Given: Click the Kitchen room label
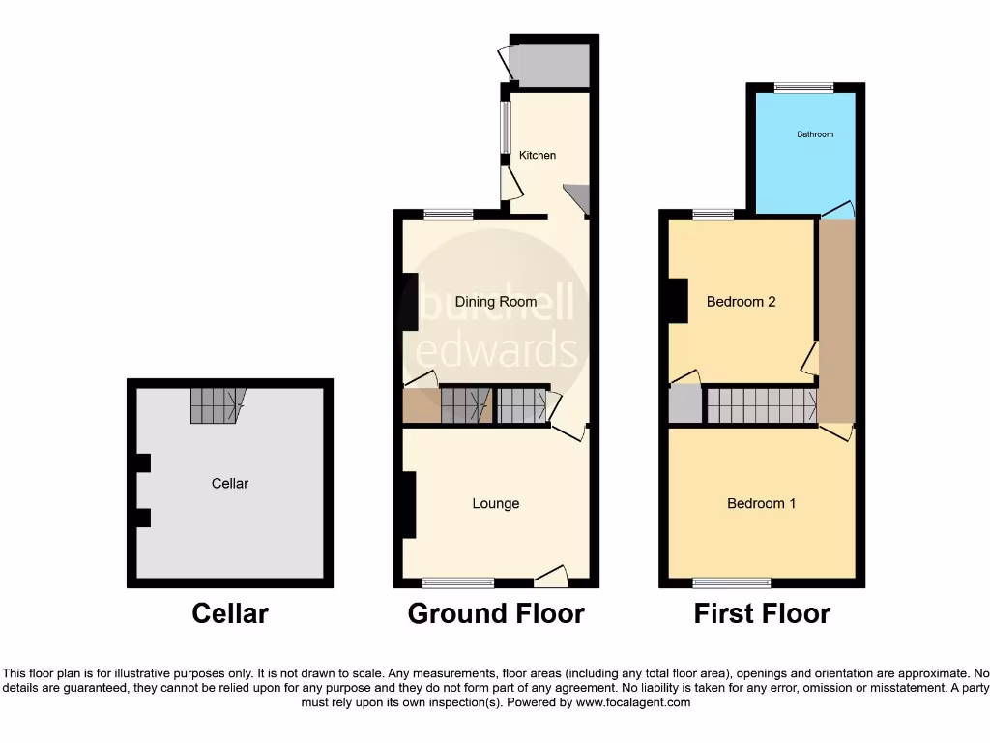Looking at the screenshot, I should pos(538,155).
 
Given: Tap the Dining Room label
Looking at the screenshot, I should pos(496,302).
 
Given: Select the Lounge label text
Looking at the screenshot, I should pos(496,503).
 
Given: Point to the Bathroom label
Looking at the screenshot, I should pos(815,134).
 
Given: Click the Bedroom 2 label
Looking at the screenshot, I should pos(742,302).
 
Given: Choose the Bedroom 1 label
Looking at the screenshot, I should pos(762,503).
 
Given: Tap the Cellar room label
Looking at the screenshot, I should pos(230,483).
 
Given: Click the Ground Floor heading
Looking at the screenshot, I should pos(496,613).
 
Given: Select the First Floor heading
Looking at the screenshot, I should pos(762,613).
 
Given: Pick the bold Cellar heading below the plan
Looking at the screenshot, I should pos(230,613).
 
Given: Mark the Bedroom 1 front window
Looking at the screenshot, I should pos(732,582).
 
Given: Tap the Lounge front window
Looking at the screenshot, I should pos(458,582).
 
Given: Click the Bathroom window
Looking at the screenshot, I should pos(804,88).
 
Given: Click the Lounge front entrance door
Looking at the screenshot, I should pos(551,578).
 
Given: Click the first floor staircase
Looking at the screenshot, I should pos(761,405).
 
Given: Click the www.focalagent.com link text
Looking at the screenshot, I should pos(633,703).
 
